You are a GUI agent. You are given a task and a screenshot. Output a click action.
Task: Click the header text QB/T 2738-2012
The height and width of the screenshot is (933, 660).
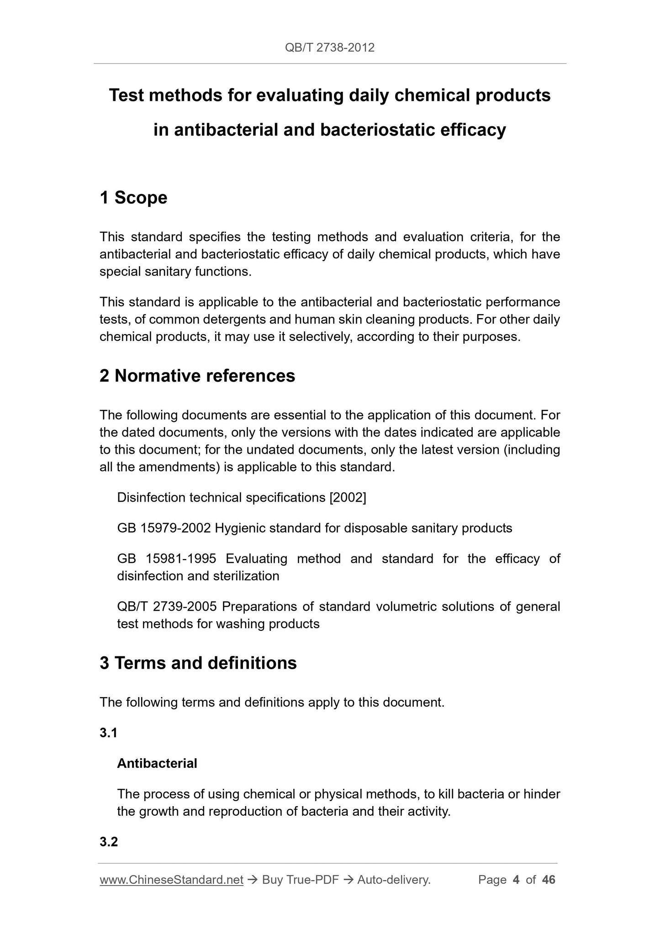(x=329, y=47)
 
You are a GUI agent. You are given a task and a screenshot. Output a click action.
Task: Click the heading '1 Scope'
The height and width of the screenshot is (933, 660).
(x=133, y=198)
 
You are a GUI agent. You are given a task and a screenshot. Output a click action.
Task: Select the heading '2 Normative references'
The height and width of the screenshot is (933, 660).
(x=197, y=376)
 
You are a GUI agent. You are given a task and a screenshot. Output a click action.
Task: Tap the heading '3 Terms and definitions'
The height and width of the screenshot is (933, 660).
(x=198, y=663)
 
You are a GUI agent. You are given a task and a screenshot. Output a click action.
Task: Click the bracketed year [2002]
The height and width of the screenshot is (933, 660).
(x=348, y=498)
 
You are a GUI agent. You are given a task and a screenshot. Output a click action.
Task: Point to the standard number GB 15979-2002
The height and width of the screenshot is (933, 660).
(x=164, y=528)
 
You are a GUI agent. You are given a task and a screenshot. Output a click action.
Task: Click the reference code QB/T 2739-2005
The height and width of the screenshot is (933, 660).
(x=169, y=607)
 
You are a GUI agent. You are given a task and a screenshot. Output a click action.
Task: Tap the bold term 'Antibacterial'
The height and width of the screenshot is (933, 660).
(x=157, y=763)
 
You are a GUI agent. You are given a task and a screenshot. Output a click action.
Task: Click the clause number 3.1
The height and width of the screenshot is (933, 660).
(x=109, y=733)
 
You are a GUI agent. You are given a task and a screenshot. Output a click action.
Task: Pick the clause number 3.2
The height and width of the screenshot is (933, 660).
(x=109, y=841)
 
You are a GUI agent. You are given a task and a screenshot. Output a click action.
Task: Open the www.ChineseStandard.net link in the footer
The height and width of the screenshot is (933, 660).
(x=171, y=880)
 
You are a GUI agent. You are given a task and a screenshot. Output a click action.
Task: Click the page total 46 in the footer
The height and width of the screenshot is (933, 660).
(x=548, y=880)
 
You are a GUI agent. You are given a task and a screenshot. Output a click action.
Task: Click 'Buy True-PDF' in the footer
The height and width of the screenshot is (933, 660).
(x=300, y=880)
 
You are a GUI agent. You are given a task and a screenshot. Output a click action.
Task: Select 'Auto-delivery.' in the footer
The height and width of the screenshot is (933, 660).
(x=394, y=880)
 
